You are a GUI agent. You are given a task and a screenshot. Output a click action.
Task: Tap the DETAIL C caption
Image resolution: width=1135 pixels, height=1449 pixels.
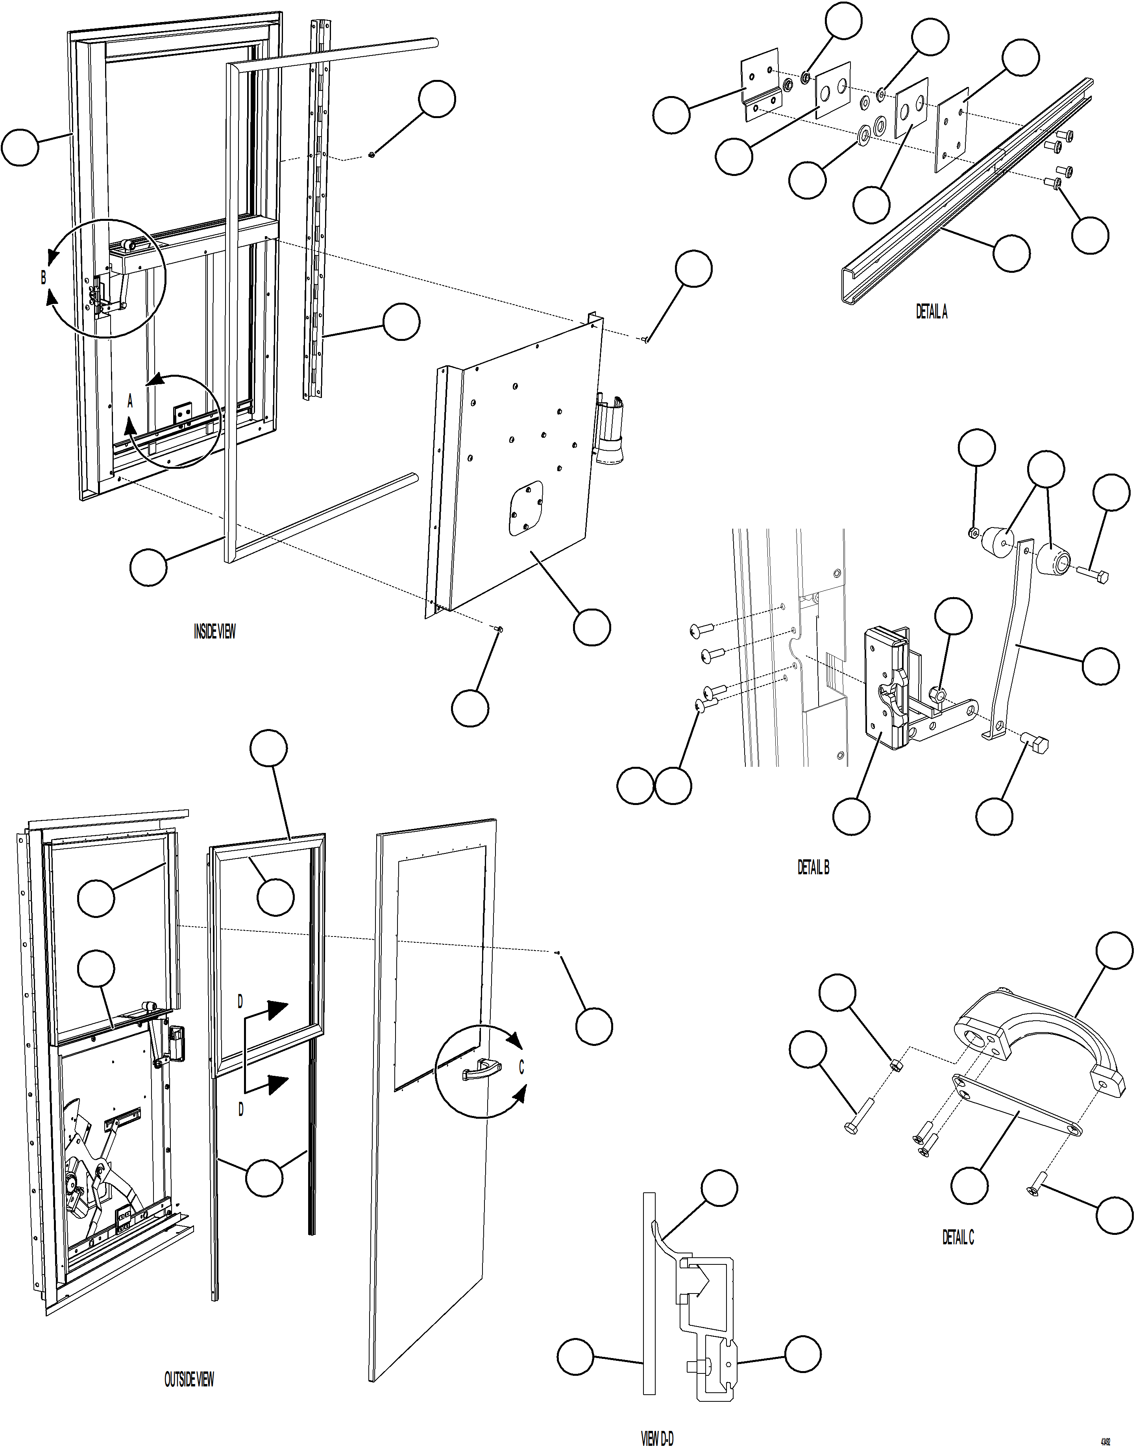958,1237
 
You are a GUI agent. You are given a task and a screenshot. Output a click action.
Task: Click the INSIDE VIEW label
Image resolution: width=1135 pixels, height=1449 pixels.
214,631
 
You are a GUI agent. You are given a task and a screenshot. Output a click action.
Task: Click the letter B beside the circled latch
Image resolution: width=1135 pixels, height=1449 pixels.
44,277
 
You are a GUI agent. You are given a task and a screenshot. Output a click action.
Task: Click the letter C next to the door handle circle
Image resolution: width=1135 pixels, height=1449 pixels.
521,1067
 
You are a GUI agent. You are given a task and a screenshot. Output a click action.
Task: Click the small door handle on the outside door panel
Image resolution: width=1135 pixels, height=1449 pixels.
477,1071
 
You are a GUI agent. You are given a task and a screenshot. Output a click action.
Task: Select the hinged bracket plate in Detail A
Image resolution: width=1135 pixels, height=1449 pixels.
760,85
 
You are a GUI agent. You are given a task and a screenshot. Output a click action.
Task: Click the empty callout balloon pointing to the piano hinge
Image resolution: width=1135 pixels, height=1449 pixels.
401,322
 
